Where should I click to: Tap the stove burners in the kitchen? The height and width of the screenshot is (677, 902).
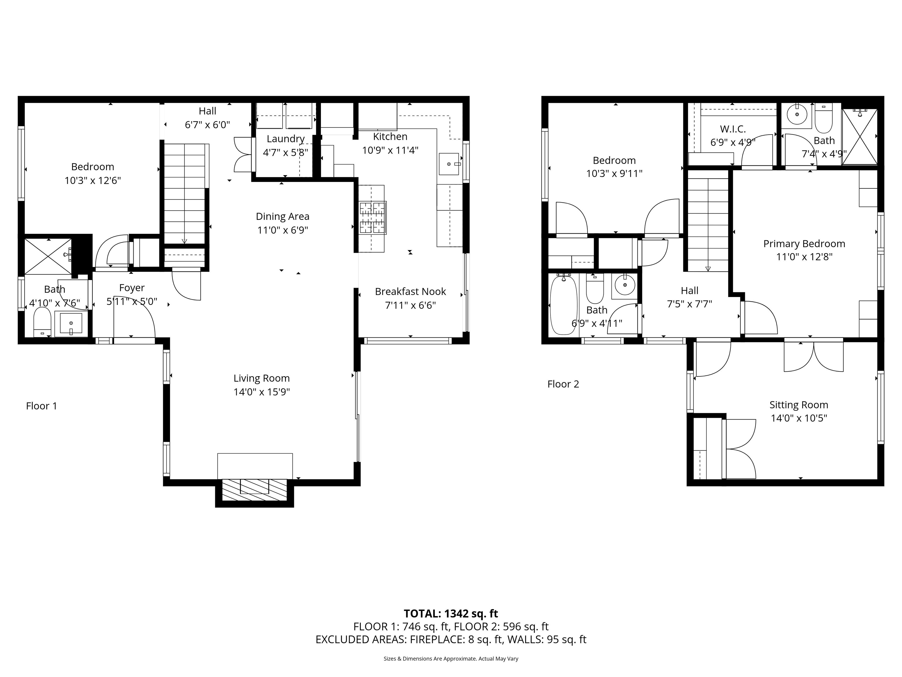coord(372,218)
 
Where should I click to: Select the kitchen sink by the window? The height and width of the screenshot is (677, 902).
coord(449,164)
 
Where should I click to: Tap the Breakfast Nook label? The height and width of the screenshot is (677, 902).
coord(410,292)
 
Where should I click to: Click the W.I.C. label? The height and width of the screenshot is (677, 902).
coord(733,129)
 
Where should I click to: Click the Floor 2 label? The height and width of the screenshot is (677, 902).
coord(563,384)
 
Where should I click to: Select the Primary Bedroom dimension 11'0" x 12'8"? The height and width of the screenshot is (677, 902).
coord(804,257)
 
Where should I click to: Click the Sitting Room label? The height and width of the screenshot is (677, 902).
coord(798,405)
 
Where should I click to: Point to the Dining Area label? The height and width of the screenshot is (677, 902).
coord(282,217)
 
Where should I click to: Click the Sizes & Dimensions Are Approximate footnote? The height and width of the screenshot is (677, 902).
coord(451,659)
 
